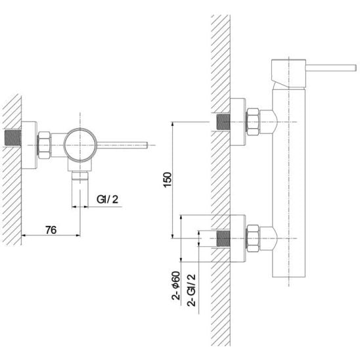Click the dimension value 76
pyautogui.click(x=51, y=230)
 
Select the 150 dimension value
pyautogui.click(x=168, y=180)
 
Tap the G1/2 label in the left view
pyautogui.click(x=107, y=199)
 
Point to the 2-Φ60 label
pyautogui.click(x=176, y=286)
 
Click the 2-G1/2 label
pyautogui.click(x=191, y=290)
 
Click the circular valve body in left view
pyautogui.click(x=80, y=145)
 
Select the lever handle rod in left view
pyautogui.click(x=122, y=145)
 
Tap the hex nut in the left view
pyautogui.click(x=44, y=145)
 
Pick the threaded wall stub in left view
pyautogui.click(x=13, y=138)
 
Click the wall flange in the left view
pyautogui.click(x=29, y=145)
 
